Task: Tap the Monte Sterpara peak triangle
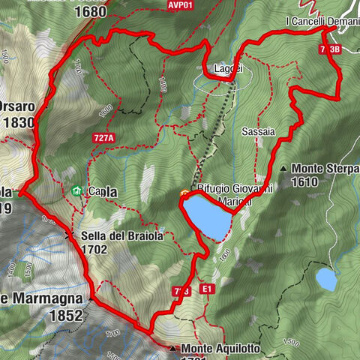click(283, 169)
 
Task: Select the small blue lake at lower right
click(326, 279)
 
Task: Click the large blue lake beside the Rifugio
click(208, 216)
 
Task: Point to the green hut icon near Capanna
click(76, 191)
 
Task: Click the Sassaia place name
click(258, 130)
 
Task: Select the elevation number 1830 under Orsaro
click(18, 124)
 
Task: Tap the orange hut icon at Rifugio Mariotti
click(184, 194)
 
